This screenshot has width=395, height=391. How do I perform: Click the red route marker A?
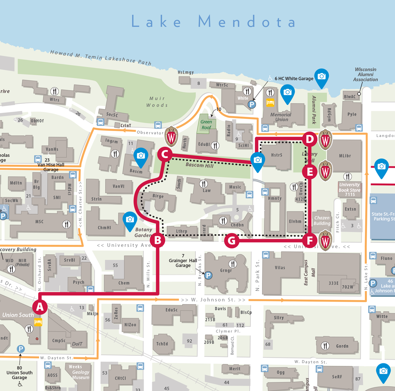click(40, 307)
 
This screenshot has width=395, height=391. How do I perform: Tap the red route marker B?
click(158, 240)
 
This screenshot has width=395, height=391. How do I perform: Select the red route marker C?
click(165, 154)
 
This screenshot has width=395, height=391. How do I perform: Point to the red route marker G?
click(232, 241)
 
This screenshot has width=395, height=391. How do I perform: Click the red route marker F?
click(309, 240)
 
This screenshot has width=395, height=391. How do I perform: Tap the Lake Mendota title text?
click(214, 22)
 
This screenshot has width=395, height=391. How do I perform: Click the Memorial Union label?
click(281, 117)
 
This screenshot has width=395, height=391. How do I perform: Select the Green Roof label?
click(206, 124)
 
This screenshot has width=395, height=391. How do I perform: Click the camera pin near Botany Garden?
click(130, 220)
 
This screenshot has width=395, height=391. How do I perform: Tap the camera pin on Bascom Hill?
click(258, 160)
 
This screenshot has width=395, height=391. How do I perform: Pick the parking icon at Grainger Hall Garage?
click(208, 275)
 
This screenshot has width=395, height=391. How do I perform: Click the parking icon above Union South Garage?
click(21, 349)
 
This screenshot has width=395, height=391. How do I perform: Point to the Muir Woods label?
click(157, 102)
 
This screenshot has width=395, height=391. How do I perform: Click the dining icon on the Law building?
click(204, 184)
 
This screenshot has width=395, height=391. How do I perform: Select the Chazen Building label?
click(322, 221)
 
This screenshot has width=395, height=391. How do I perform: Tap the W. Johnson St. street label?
click(213, 300)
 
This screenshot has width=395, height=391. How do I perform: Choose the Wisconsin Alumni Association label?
click(365, 74)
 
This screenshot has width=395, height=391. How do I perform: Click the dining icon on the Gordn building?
click(325, 345)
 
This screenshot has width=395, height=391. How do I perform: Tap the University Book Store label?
click(350, 189)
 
